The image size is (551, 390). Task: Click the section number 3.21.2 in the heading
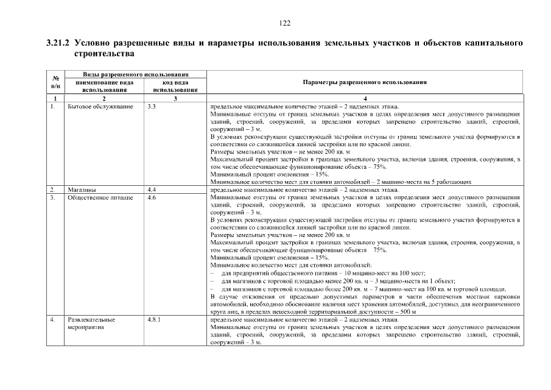58,44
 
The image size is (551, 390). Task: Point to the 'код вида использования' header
175,85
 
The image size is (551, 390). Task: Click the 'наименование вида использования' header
104,85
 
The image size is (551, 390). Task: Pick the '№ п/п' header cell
55,82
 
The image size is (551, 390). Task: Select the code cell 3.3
152,107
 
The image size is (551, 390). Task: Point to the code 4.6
152,197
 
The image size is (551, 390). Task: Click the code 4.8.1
155,319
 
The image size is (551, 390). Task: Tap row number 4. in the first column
53,319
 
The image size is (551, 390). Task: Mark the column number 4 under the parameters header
365,98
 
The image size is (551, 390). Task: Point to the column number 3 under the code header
175,98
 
